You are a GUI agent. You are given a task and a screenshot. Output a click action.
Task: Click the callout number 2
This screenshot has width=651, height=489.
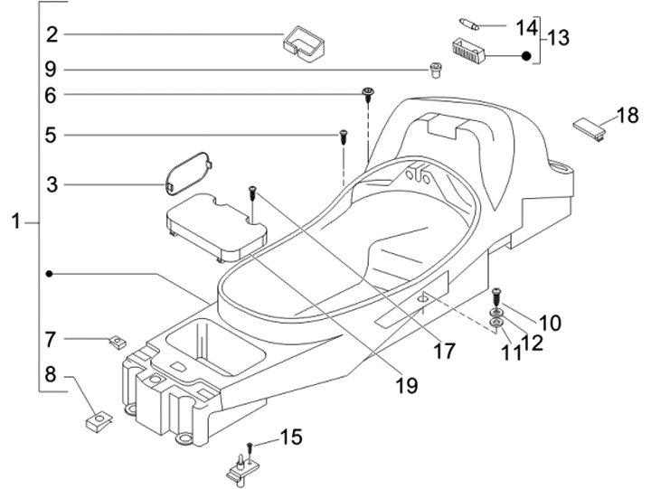[x=52, y=35]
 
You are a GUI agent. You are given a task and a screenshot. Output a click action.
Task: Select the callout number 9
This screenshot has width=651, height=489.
[x=52, y=70]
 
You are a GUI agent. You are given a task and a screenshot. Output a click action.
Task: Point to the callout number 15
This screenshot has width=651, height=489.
[x=290, y=438]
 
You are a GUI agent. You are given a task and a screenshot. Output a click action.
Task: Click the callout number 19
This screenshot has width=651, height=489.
[x=406, y=385]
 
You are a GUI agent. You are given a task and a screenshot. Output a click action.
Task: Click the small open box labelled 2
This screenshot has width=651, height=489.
[x=306, y=42]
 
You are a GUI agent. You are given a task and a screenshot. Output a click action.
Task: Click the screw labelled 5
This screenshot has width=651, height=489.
[x=344, y=136]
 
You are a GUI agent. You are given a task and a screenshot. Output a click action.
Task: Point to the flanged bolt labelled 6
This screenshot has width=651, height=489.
[x=369, y=93]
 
